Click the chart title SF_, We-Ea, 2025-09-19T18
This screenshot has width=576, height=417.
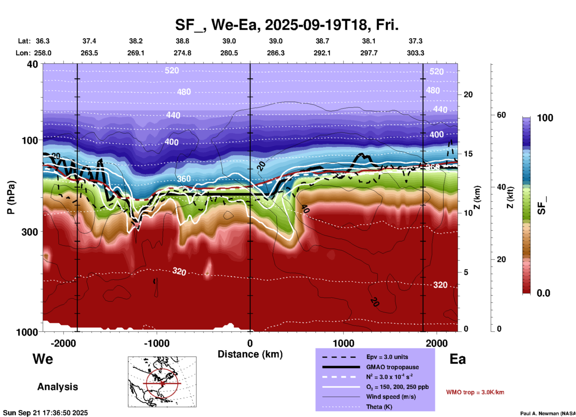point(287,25)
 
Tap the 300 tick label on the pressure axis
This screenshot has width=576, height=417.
point(30,232)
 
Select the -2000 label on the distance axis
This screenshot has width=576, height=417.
point(63,343)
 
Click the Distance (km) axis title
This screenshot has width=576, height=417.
point(250,354)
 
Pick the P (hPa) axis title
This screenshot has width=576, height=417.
point(11,197)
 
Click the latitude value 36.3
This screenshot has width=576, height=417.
point(43,41)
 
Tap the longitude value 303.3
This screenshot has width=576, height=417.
point(415,53)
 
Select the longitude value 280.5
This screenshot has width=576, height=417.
point(229,53)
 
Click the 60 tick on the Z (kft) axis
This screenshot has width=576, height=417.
point(501,115)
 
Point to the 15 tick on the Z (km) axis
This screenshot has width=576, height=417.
point(468,154)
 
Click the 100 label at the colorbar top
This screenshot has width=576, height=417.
point(545,118)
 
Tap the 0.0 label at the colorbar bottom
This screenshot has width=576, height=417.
point(543,293)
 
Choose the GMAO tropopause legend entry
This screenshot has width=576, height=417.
point(392,367)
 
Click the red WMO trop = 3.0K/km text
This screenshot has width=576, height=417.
point(475,392)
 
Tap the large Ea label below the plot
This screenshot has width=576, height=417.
point(458,359)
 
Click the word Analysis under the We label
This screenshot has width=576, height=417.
point(57,387)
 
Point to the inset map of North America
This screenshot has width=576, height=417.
point(162,382)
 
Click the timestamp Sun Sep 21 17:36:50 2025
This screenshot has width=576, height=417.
point(45,413)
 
